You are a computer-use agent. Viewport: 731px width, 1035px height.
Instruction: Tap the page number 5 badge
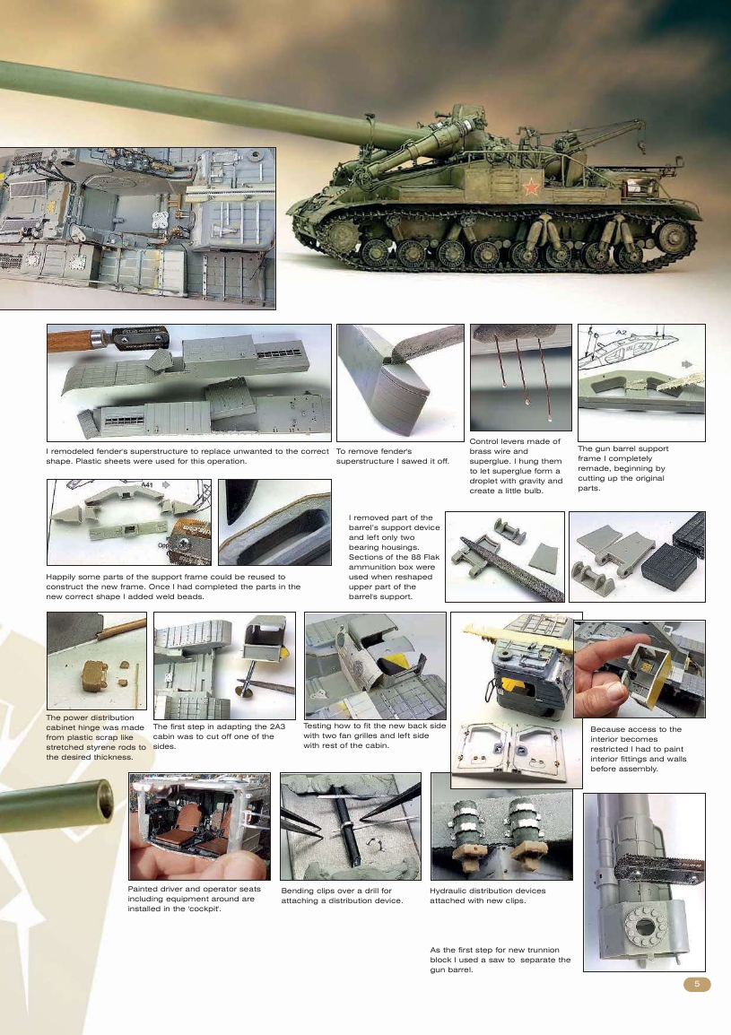coord(697,985)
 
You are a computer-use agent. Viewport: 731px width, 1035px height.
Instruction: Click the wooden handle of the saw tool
coord(76,340)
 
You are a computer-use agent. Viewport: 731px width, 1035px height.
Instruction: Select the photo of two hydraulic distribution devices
coord(501,826)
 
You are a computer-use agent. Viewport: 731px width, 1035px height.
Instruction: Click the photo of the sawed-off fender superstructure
coord(400,381)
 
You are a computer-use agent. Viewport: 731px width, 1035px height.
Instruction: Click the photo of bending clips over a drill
coord(351,826)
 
